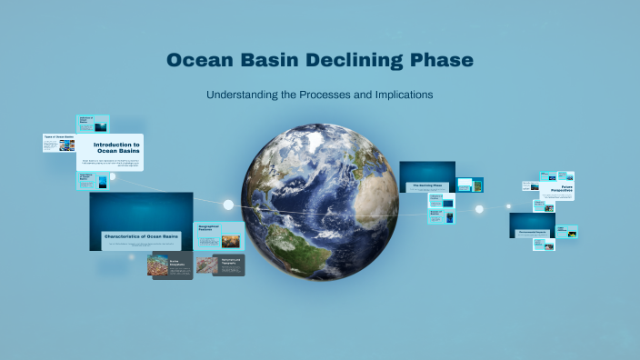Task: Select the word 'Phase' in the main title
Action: pyautogui.click(x=440, y=61)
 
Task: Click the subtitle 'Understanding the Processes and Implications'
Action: pyautogui.click(x=319, y=95)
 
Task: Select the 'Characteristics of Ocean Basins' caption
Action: pyautogui.click(x=141, y=235)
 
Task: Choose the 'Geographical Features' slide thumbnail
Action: pyautogui.click(x=218, y=235)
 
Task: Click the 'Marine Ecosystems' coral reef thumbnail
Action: pyautogui.click(x=170, y=265)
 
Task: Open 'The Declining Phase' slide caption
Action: pyautogui.click(x=427, y=185)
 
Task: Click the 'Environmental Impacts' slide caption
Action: pyautogui.click(x=532, y=232)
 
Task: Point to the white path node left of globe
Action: pyautogui.click(x=228, y=205)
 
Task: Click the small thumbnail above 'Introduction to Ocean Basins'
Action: pyautogui.click(x=94, y=124)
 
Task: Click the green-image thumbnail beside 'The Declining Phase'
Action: pyautogui.click(x=470, y=185)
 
